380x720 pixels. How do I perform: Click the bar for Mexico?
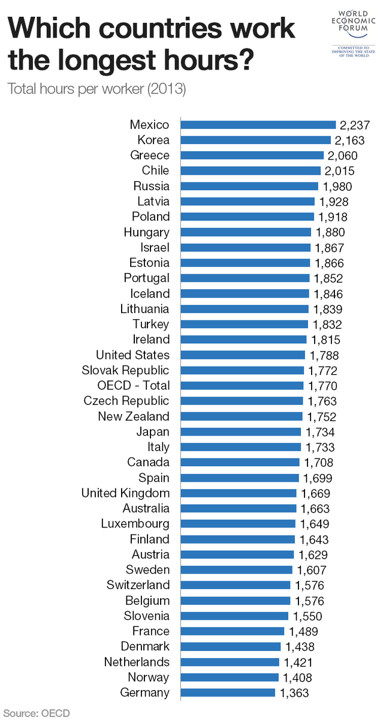click(x=258, y=125)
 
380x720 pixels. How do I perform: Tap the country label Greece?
click(x=150, y=155)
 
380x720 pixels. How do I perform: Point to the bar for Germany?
click(x=228, y=692)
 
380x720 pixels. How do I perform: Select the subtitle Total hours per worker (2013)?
click(x=96, y=89)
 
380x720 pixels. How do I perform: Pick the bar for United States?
click(x=243, y=355)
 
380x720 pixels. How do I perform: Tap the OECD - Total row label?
click(x=133, y=386)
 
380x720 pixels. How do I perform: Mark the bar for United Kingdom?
click(x=239, y=493)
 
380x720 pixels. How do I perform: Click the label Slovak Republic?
click(x=125, y=370)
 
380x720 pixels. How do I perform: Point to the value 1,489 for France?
click(x=303, y=631)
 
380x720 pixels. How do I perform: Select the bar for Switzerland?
click(x=235, y=585)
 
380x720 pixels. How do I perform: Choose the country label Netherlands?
click(x=137, y=662)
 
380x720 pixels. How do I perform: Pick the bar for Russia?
click(x=249, y=186)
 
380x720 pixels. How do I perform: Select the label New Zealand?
click(x=134, y=416)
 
